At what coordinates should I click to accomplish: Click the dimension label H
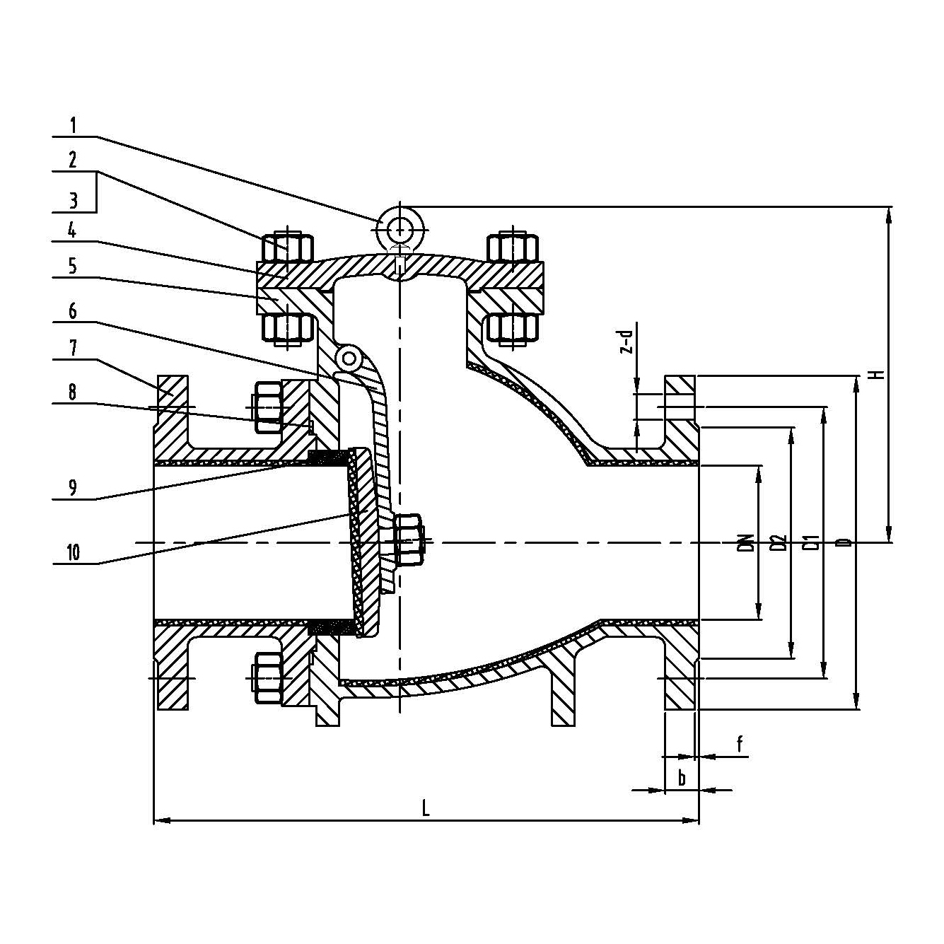click(879, 373)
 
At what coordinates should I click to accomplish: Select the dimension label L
click(426, 808)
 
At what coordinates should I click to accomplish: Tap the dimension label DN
click(743, 543)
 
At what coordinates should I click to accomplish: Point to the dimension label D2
click(778, 543)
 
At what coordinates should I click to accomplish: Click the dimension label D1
click(812, 543)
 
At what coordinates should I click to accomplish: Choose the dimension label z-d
click(624, 343)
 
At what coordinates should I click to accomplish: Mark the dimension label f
click(740, 744)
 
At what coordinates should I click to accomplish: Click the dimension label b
click(682, 779)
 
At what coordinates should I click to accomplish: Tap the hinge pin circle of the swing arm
click(348, 359)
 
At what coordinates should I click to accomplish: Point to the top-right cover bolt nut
click(513, 247)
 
